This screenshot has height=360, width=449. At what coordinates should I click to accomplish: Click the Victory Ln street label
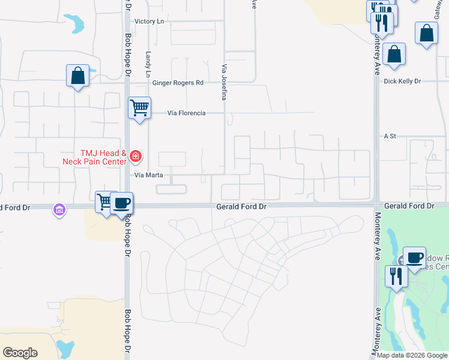[x=149, y=21]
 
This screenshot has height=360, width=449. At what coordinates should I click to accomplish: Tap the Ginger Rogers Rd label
[x=178, y=83]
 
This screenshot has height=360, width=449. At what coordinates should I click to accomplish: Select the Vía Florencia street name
[x=186, y=113]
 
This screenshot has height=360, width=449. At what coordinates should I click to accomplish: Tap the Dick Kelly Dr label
[x=402, y=81]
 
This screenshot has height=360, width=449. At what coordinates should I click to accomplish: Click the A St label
[x=391, y=136]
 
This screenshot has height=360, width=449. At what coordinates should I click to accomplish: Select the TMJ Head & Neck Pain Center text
[x=95, y=157]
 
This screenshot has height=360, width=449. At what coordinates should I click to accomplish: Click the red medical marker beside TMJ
[x=136, y=157]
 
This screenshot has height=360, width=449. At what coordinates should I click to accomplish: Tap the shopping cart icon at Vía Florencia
[x=139, y=108]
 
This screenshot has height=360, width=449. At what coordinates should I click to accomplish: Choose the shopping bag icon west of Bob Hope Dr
[x=77, y=76]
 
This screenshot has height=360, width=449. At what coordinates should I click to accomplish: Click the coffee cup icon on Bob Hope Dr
[x=121, y=202]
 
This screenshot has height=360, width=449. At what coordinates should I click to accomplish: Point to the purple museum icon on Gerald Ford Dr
[x=59, y=209]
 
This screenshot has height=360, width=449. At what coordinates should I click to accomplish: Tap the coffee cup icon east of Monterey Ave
[x=414, y=257]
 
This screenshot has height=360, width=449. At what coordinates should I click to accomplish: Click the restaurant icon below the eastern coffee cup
[x=396, y=276]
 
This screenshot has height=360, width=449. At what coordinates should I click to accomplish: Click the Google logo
[x=20, y=353]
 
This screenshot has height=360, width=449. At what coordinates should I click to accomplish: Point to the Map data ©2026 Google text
[x=412, y=355]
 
